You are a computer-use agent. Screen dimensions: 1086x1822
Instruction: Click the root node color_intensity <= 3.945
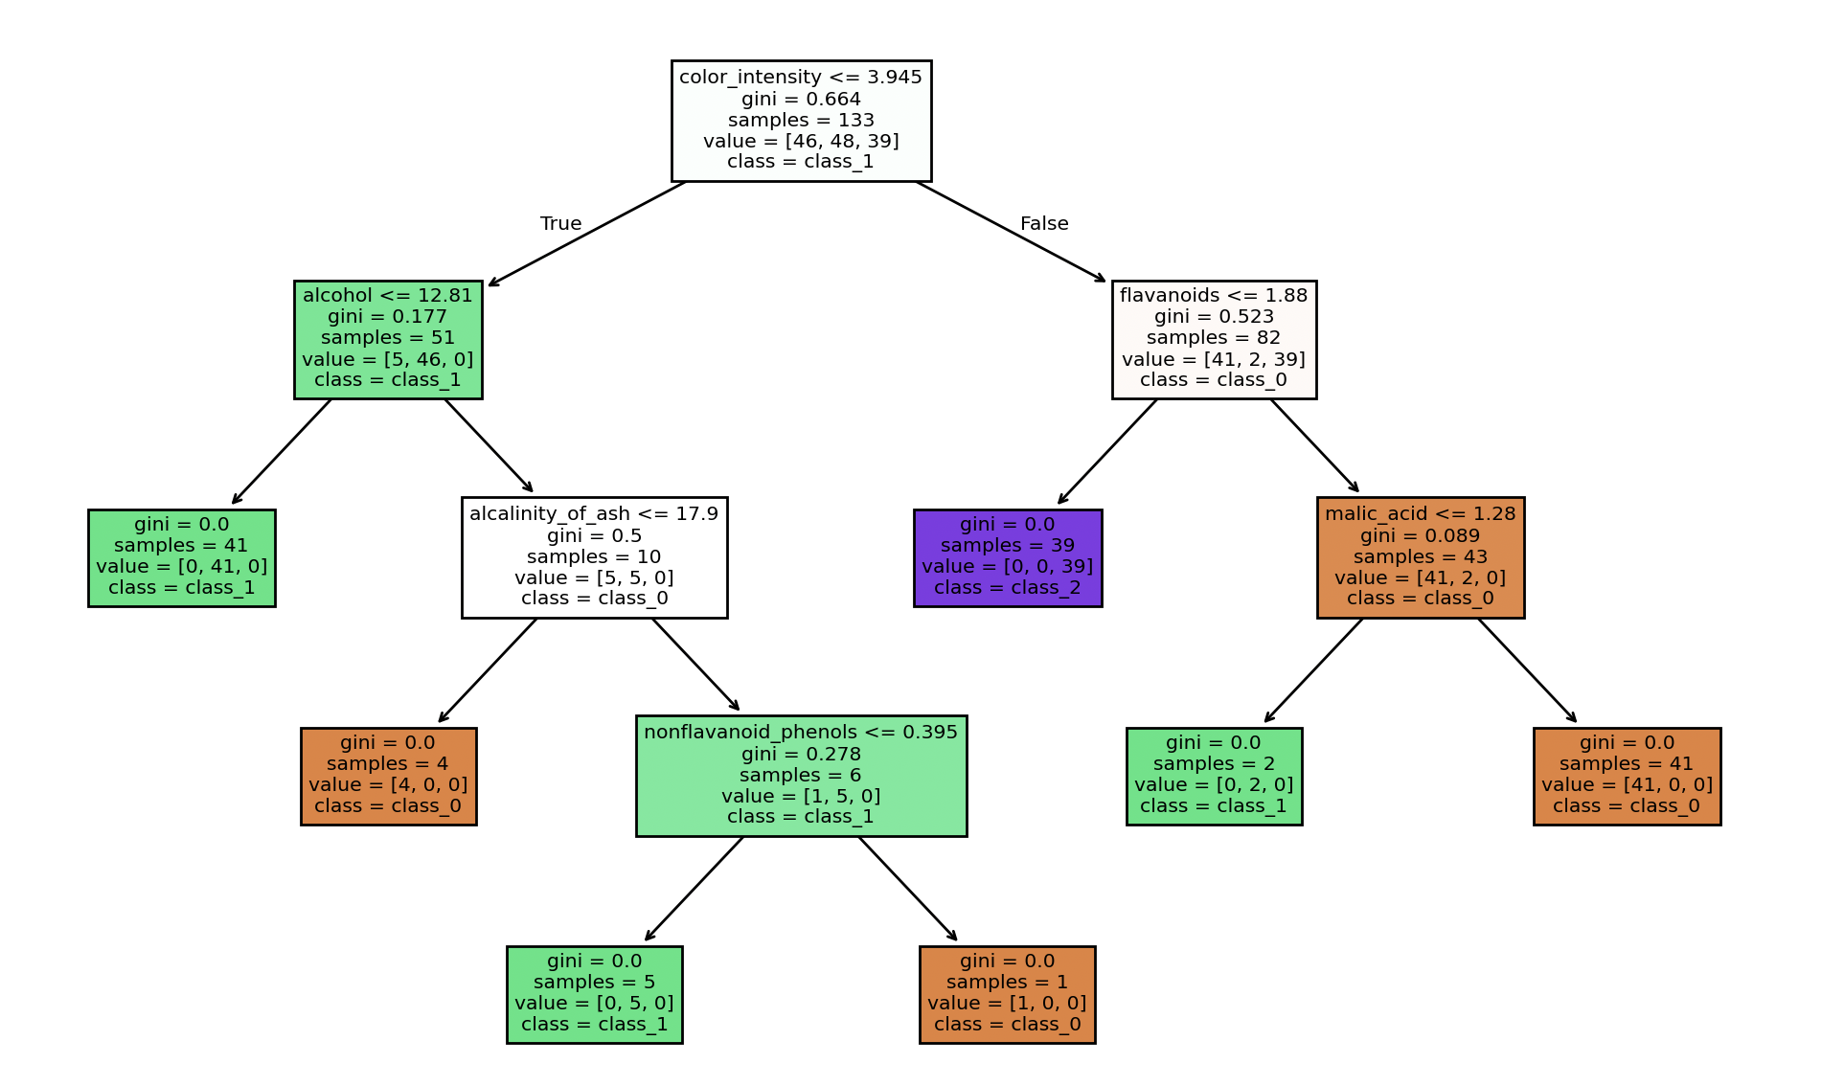point(801,120)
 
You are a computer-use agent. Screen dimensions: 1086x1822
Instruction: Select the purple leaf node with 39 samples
point(1007,557)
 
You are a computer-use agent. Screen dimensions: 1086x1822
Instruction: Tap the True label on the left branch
point(560,223)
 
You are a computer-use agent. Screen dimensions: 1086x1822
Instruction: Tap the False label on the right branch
point(1043,223)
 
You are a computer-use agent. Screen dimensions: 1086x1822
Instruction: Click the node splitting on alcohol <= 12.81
point(388,339)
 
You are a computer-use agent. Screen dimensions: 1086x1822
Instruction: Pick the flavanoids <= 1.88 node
point(1214,339)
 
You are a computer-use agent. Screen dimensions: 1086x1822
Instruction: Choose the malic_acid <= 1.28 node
point(1420,557)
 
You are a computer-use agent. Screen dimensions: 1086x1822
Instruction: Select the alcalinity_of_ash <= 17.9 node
point(594,557)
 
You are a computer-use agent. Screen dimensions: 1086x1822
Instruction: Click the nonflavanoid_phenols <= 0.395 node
point(801,776)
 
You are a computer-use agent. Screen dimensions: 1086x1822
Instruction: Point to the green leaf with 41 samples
point(182,557)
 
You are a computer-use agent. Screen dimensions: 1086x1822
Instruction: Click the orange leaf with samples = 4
point(388,776)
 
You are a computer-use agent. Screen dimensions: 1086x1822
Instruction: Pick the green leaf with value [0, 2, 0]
point(1214,776)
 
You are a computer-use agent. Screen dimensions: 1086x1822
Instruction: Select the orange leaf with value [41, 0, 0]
point(1627,776)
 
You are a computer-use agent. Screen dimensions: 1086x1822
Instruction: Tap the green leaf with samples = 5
point(594,994)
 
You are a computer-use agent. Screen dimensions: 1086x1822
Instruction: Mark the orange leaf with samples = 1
point(1007,994)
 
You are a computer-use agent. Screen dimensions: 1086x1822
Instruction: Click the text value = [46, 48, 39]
point(801,141)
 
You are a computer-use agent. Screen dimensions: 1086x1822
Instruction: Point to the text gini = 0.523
point(1214,317)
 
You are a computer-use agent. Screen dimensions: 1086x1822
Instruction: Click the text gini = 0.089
point(1420,536)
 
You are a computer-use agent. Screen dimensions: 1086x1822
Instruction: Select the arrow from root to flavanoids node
point(1011,231)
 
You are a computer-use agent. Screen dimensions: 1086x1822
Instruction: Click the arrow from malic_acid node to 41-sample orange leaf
point(1526,669)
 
